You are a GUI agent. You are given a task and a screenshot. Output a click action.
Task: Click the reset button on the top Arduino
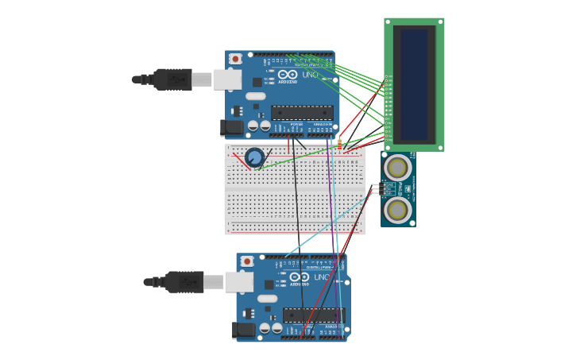pos(235,59)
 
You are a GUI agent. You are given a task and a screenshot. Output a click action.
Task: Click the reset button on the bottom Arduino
pos(247,261)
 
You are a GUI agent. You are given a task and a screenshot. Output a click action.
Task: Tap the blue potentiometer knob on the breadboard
pos(254,157)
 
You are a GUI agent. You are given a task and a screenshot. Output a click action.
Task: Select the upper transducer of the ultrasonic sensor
pos(397,168)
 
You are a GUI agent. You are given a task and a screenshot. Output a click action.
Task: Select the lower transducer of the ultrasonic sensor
pos(397,210)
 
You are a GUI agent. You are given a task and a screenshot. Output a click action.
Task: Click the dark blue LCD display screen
pos(414,84)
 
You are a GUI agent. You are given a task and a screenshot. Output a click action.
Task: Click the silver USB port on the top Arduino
pos(227,79)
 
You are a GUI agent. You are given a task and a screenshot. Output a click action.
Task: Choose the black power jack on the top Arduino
pos(232,127)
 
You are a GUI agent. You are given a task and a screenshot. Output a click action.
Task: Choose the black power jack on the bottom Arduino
pos(244,329)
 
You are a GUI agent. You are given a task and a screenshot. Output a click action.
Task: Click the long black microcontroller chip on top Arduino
pos(302,113)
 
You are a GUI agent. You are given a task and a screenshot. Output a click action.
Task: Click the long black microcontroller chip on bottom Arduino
pos(314,315)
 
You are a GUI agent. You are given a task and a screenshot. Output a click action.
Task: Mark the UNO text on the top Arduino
pos(310,75)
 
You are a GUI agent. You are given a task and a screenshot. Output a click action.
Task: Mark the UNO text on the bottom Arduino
pos(322,277)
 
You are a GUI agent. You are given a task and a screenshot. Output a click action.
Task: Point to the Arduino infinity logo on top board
pos(288,74)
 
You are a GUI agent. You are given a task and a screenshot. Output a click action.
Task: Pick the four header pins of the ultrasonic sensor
pos(376,189)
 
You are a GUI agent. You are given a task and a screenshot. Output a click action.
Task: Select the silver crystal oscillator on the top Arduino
pos(255,96)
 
